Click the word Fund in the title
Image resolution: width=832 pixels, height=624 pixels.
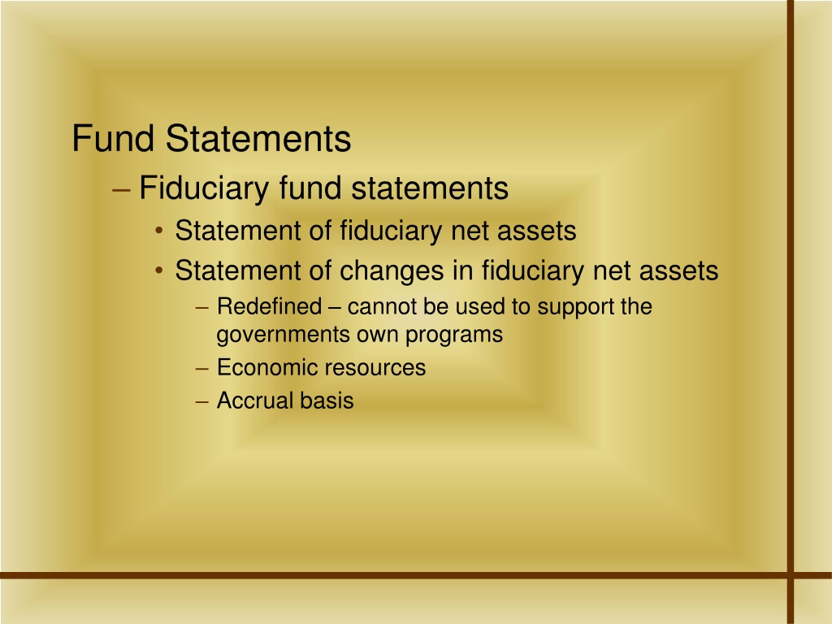(113, 138)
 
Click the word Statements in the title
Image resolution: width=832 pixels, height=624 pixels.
(258, 138)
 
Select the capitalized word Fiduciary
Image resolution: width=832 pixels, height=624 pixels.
(204, 188)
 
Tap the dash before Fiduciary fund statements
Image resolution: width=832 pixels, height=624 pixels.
(122, 189)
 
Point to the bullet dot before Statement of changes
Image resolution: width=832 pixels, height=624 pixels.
(159, 271)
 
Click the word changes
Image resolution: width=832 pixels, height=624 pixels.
(391, 271)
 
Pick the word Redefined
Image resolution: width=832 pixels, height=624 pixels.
(270, 306)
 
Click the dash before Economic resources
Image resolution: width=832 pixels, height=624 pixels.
(201, 368)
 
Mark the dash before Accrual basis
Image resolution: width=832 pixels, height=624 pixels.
(201, 401)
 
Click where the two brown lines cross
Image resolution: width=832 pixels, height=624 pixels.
(790, 575)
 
